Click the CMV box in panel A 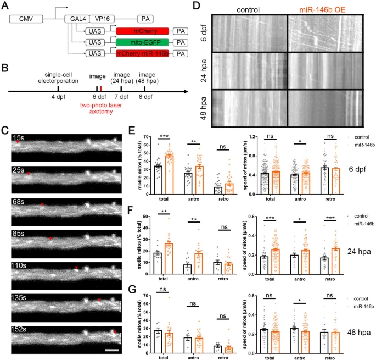24,18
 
